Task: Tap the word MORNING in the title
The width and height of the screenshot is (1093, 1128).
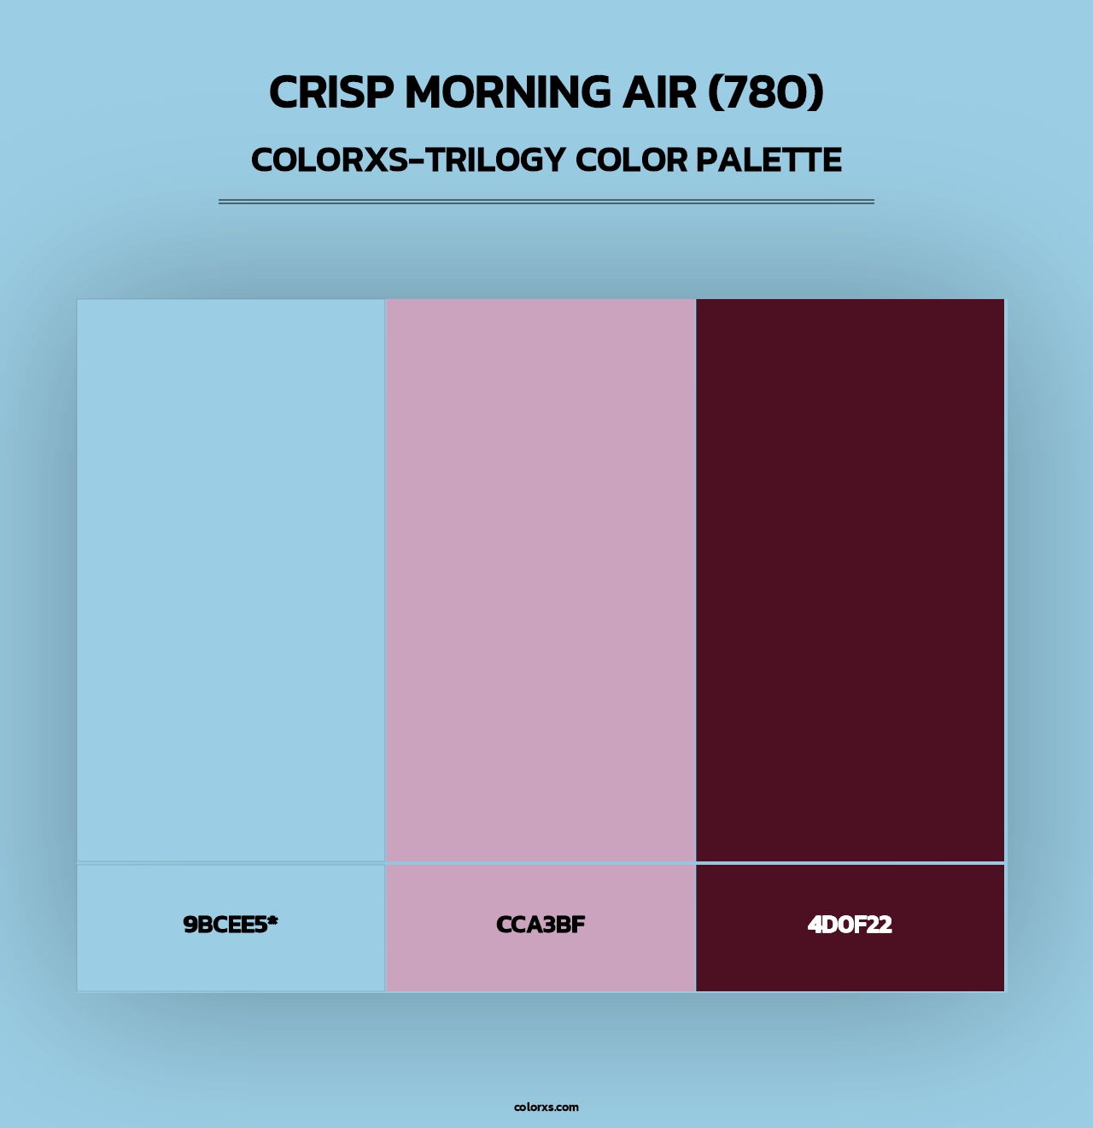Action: tap(507, 92)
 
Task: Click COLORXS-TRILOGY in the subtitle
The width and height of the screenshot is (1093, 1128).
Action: tap(408, 160)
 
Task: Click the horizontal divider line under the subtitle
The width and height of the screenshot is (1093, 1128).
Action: tap(546, 202)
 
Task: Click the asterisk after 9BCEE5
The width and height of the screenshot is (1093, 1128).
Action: tap(272, 921)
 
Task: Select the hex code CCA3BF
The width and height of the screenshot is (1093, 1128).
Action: tap(541, 925)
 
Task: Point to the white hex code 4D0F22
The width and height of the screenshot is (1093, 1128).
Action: tap(850, 925)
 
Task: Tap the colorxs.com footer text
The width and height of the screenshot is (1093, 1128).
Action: tap(546, 1107)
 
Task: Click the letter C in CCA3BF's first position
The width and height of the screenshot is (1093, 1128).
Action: tap(504, 925)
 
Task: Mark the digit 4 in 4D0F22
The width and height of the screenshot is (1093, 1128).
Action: tap(815, 925)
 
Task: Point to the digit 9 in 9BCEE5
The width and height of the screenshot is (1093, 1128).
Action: tap(190, 925)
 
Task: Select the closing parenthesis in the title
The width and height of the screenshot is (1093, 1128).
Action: tap(816, 92)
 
